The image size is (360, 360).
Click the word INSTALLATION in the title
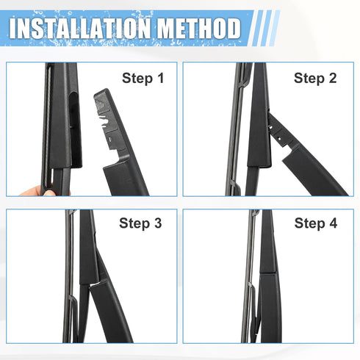click(76, 29)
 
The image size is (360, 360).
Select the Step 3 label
click(140, 223)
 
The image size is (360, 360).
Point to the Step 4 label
click(315, 223)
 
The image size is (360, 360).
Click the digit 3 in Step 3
click(157, 223)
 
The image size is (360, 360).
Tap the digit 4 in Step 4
click(332, 223)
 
